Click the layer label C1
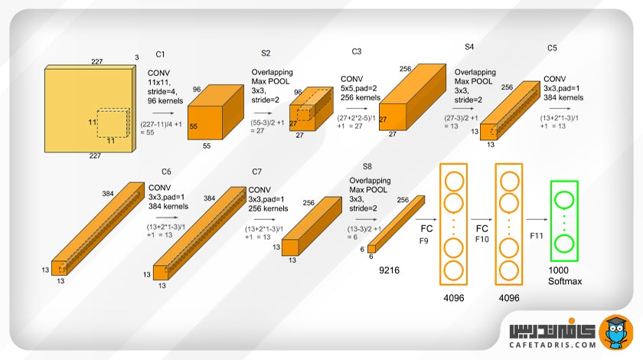coord(160,54)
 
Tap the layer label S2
coord(266,53)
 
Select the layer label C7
coord(257,171)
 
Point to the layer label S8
coord(367,166)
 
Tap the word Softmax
coord(565,282)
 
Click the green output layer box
coord(565,223)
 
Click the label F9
coord(424,241)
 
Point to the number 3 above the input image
coord(136,57)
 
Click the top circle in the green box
coord(565,201)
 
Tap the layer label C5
coord(552,47)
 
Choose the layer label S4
coord(469,47)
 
